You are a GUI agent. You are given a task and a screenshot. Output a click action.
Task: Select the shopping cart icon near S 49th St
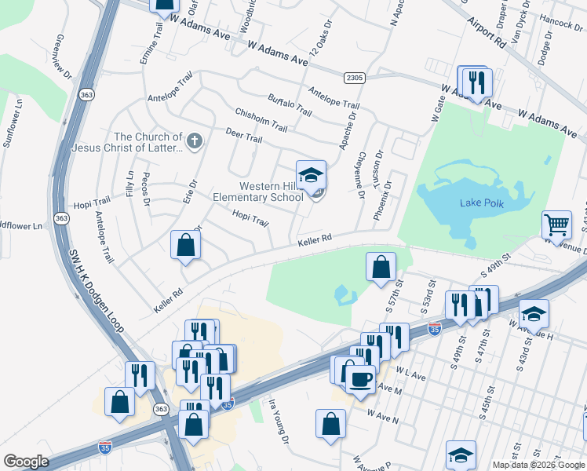pyautogui.click(x=556, y=225)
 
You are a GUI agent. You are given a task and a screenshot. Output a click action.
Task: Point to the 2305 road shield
pyautogui.click(x=354, y=77)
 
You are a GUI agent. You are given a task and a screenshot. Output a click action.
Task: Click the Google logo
pyautogui.click(x=26, y=462)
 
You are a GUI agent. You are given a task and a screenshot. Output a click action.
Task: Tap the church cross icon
pyautogui.click(x=195, y=142)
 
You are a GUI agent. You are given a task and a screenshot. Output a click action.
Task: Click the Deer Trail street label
pyautogui.click(x=243, y=137)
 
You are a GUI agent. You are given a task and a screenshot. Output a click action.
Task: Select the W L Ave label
pyautogui.click(x=410, y=376)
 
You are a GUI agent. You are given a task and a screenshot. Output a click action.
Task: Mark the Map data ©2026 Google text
pyautogui.click(x=538, y=464)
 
